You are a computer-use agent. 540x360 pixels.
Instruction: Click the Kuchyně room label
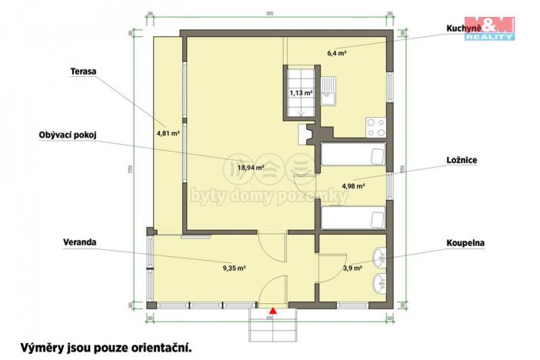tap(465, 29)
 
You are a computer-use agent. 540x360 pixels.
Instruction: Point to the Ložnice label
tap(462, 160)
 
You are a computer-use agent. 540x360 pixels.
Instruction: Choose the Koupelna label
tap(465, 242)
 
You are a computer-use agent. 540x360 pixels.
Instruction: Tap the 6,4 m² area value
tap(336, 53)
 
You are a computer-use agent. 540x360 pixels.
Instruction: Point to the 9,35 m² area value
tap(234, 268)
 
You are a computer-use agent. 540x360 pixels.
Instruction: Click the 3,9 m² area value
tap(352, 268)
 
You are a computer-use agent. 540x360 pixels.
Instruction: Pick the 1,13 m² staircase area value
tap(300, 93)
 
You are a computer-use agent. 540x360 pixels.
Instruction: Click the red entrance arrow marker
tap(272, 311)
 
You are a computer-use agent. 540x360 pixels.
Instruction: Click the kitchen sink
tap(329, 90)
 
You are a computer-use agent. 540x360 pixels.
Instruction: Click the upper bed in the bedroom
tap(353, 156)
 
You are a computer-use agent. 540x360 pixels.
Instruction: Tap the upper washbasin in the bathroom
tap(379, 257)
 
